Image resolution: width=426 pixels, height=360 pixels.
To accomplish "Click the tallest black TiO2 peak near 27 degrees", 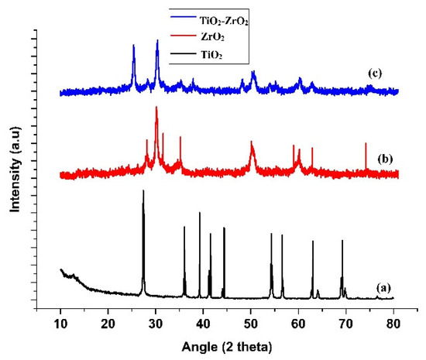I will (x=143, y=192).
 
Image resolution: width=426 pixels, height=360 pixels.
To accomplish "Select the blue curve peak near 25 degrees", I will (x=133, y=46).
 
